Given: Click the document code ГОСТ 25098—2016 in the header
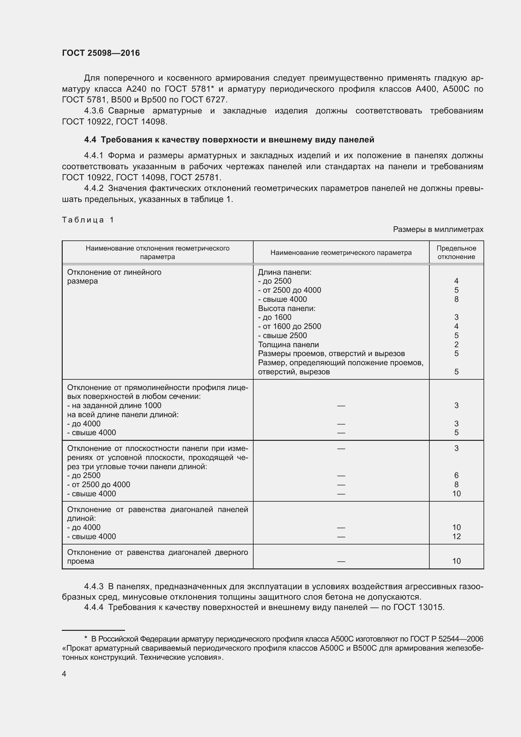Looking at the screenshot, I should [x=101, y=53].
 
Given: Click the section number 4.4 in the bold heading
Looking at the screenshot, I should [x=90, y=140].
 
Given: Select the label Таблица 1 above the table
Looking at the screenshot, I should [x=88, y=220].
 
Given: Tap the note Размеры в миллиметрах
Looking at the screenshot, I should [x=438, y=229].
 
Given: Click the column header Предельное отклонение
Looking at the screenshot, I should [x=456, y=252].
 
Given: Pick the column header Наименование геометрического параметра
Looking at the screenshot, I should [x=341, y=253].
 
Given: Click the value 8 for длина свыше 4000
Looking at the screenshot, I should [x=456, y=299].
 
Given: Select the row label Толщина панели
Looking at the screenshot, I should [x=288, y=344].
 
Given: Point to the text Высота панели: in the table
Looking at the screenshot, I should [x=286, y=308].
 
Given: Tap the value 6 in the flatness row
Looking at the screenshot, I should [x=456, y=475].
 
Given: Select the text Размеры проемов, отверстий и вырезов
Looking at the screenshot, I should [x=331, y=354].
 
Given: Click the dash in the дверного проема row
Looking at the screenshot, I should [x=341, y=561].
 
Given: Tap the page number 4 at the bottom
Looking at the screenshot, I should [x=64, y=674].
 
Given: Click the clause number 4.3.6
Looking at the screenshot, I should [x=94, y=111].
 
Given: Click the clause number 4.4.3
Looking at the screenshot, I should [x=94, y=586].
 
